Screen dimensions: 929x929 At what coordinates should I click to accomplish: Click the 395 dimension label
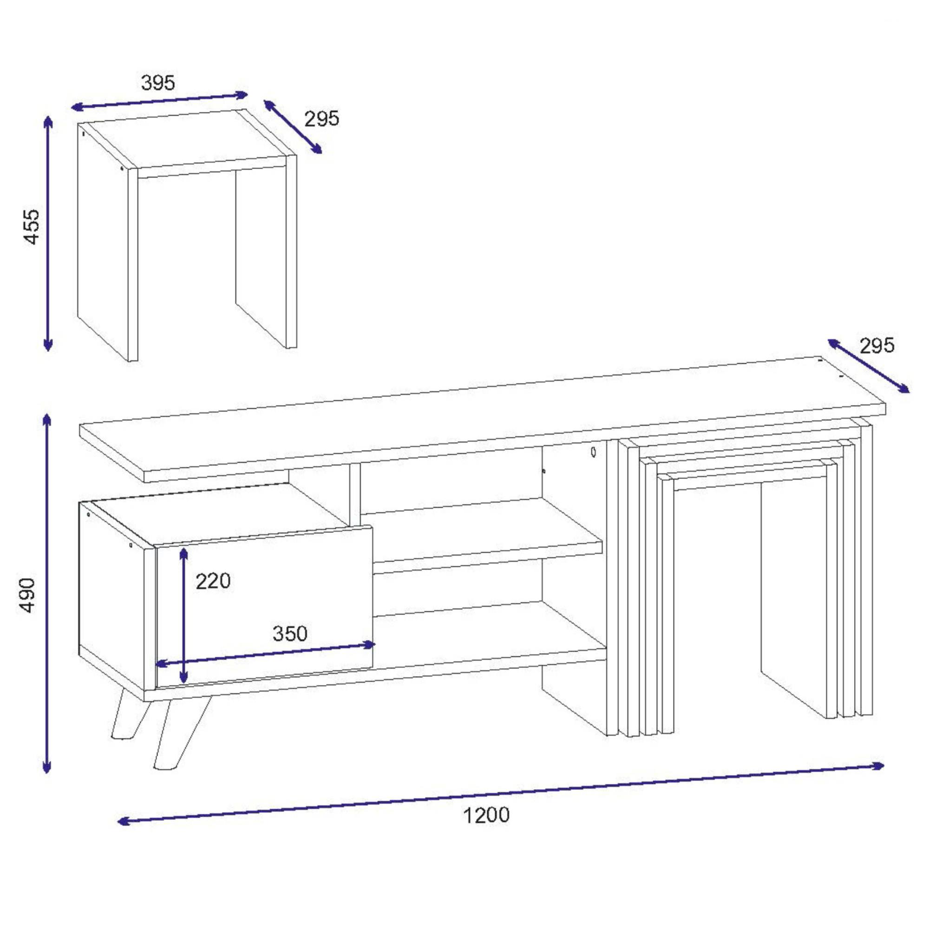click(x=158, y=83)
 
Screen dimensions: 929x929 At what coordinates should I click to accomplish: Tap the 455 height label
click(x=32, y=227)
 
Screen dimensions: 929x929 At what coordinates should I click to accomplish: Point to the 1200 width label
click(x=486, y=815)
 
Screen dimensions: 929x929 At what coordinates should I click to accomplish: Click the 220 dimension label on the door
click(x=213, y=581)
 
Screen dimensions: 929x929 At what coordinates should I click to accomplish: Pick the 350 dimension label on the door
click(x=290, y=633)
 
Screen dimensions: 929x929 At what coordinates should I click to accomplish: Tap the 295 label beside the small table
click(x=322, y=118)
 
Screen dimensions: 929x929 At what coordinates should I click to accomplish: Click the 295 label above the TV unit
click(x=877, y=346)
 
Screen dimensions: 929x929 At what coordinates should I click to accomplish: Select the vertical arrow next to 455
click(x=47, y=234)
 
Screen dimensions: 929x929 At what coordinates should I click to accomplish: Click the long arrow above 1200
click(x=501, y=794)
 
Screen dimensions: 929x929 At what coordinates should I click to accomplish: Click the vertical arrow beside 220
click(x=183, y=615)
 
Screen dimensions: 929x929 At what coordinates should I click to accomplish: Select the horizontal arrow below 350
click(x=265, y=654)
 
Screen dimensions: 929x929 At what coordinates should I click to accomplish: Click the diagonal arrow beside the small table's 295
click(x=293, y=127)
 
